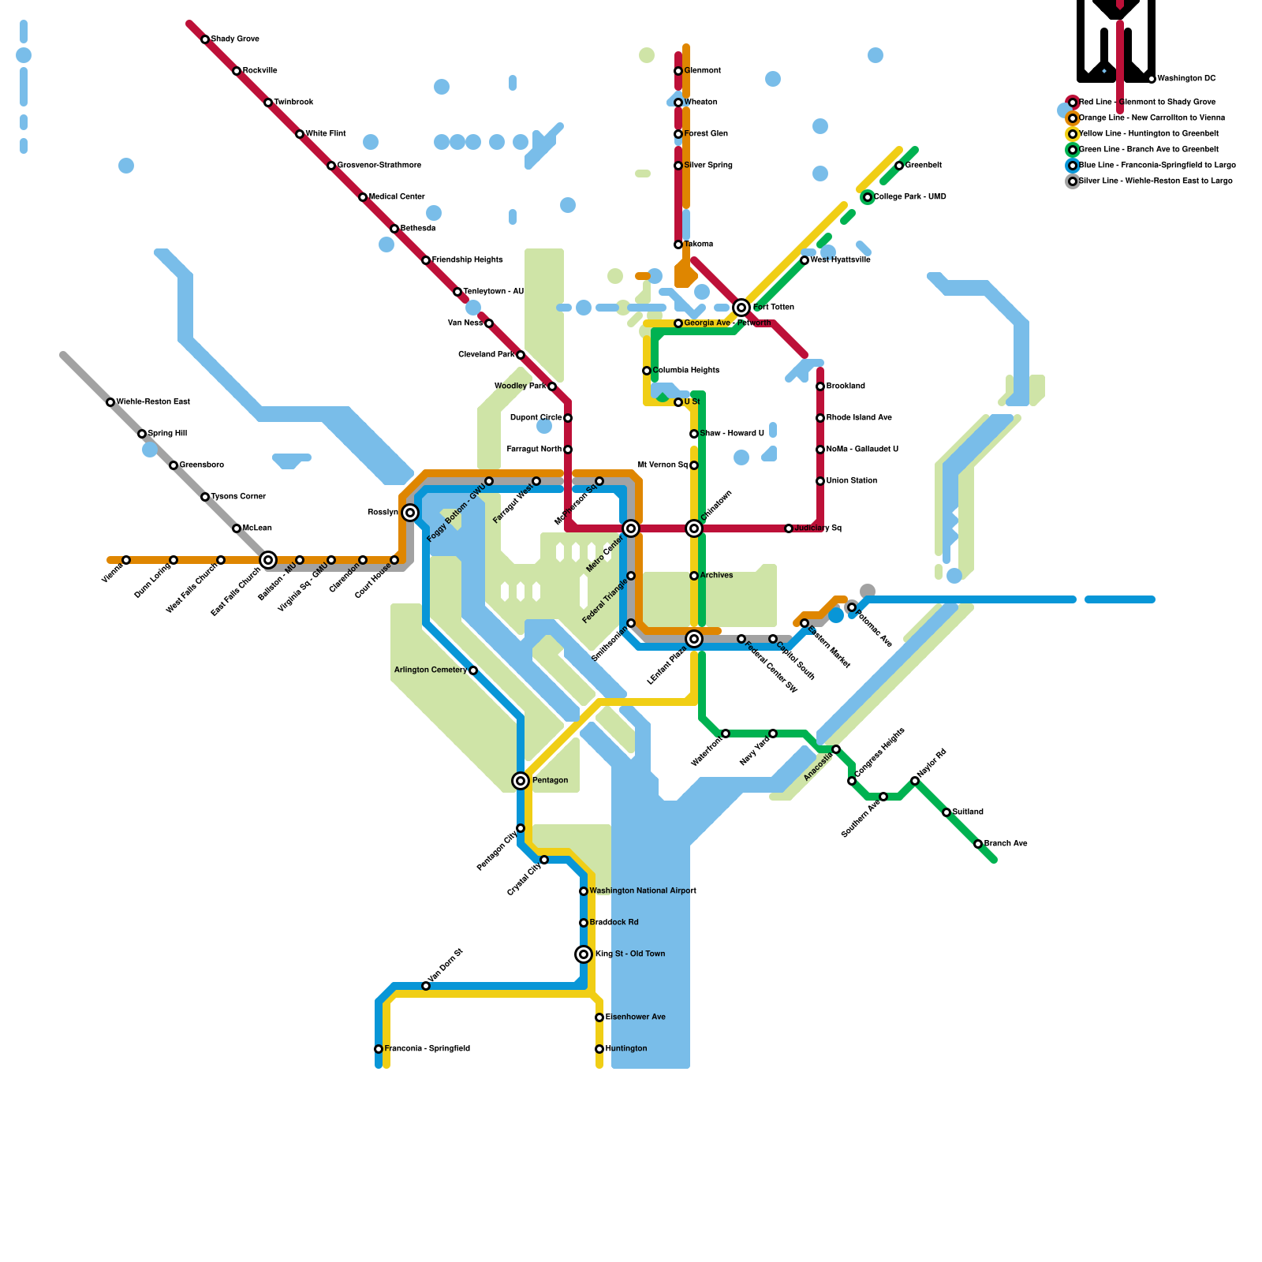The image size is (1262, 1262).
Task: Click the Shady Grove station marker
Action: tap(205, 39)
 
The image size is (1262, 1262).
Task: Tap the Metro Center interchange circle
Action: tap(631, 528)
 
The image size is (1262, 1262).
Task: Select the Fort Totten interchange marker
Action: tap(741, 308)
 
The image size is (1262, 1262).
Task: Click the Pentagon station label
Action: tap(550, 781)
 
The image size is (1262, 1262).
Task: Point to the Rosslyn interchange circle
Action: tap(410, 513)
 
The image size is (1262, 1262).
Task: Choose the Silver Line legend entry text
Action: tap(1156, 181)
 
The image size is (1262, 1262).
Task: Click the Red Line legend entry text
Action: tap(1147, 103)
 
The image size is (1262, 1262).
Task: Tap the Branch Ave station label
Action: tap(1006, 844)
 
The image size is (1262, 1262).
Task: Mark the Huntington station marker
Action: tap(599, 1049)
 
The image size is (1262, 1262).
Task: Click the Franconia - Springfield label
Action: tap(427, 1049)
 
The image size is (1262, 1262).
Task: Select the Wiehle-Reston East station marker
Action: tap(110, 402)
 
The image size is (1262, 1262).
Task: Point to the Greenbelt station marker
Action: tap(899, 166)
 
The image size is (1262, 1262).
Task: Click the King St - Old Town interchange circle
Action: tap(584, 954)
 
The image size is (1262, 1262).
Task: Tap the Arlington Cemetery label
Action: tap(430, 670)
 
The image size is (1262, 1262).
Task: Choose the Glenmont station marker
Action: tap(678, 71)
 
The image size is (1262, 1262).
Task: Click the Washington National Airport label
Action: tap(643, 891)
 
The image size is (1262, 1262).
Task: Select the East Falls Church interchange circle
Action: tap(268, 560)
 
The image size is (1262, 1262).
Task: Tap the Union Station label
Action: tap(852, 481)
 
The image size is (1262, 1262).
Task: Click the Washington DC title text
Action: tap(1186, 79)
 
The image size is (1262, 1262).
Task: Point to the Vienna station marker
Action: tap(126, 560)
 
